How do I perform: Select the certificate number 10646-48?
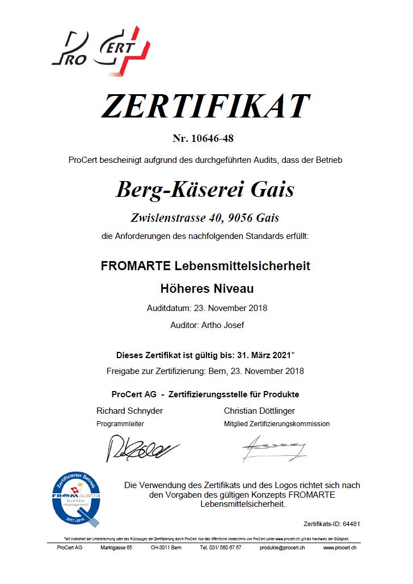click(x=212, y=138)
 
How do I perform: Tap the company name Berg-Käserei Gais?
click(x=205, y=189)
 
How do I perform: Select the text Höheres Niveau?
click(x=207, y=289)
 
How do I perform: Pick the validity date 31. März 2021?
click(x=262, y=355)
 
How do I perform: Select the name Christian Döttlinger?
click(x=259, y=410)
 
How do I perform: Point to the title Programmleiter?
click(x=120, y=424)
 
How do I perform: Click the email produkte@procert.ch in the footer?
click(x=282, y=548)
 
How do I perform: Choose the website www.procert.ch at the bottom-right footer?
click(x=340, y=548)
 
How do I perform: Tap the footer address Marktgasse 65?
click(x=116, y=548)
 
